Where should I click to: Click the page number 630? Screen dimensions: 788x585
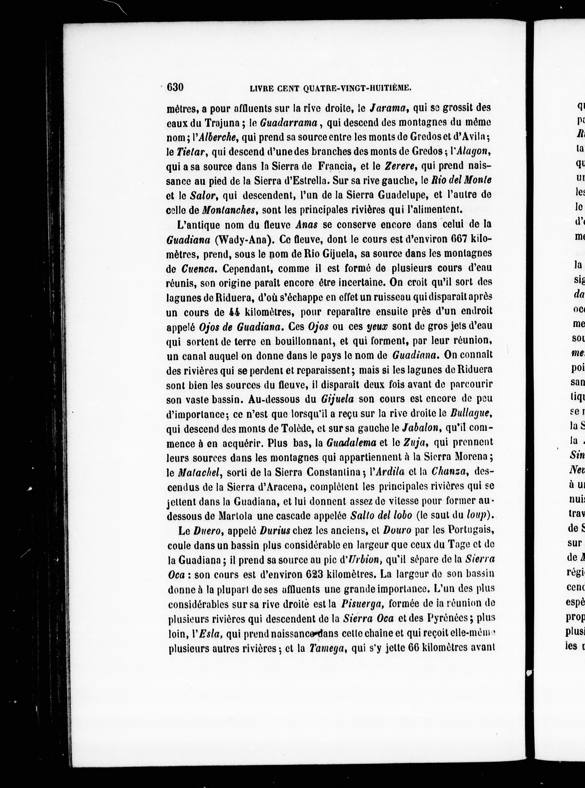point(175,87)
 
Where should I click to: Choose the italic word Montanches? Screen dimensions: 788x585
point(228,210)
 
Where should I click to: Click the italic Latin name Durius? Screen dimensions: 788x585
point(275,530)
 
